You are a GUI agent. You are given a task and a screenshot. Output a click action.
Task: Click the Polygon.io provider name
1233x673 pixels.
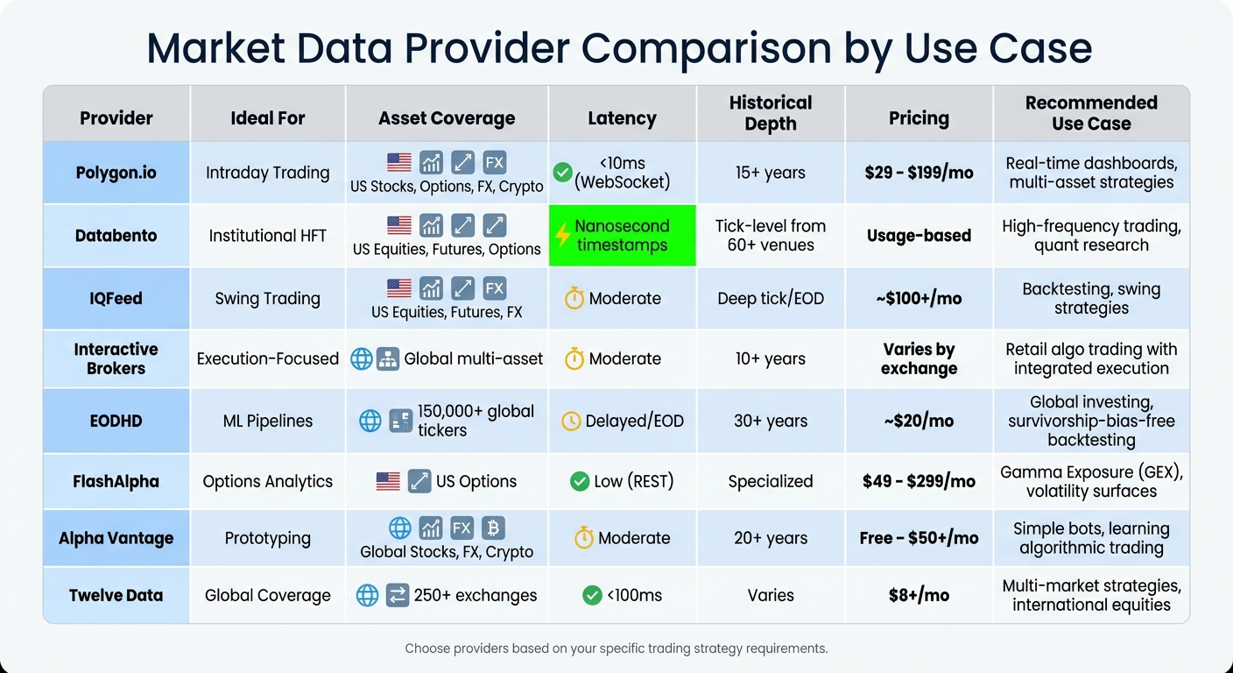click(116, 173)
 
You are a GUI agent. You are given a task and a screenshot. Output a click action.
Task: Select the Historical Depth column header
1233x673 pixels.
click(771, 113)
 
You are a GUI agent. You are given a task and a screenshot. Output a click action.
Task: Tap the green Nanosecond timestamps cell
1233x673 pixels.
click(622, 236)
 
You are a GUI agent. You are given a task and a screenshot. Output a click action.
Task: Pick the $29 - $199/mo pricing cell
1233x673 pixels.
click(919, 173)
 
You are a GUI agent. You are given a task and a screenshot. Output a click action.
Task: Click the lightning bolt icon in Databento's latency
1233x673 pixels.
click(563, 236)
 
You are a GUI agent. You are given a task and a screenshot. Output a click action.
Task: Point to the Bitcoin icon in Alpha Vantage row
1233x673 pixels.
click(494, 528)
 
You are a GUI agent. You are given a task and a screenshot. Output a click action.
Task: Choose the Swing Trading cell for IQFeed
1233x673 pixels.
click(267, 298)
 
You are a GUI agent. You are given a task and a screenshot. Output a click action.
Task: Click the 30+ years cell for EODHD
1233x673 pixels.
click(771, 421)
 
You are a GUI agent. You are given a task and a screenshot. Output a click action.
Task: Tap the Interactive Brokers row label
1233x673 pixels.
click(116, 358)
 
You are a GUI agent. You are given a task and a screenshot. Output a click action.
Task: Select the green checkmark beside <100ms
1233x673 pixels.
click(592, 595)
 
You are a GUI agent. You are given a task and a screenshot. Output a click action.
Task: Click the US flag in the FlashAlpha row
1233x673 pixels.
click(388, 481)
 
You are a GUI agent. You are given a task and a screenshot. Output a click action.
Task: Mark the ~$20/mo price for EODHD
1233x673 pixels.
click(919, 421)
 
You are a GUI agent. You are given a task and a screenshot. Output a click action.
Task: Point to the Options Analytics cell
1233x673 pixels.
click(267, 481)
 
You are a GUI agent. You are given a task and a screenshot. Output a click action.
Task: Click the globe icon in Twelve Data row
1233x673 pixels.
click(368, 595)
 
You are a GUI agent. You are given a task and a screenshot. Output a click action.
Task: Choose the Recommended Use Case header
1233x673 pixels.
click(1091, 113)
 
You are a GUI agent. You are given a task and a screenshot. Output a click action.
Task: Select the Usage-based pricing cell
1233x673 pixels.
click(919, 236)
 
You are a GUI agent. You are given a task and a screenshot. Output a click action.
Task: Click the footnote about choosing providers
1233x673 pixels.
click(616, 648)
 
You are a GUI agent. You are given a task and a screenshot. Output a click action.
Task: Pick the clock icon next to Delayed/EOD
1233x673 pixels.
click(571, 421)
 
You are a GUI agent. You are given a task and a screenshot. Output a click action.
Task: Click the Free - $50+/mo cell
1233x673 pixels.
click(919, 538)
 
